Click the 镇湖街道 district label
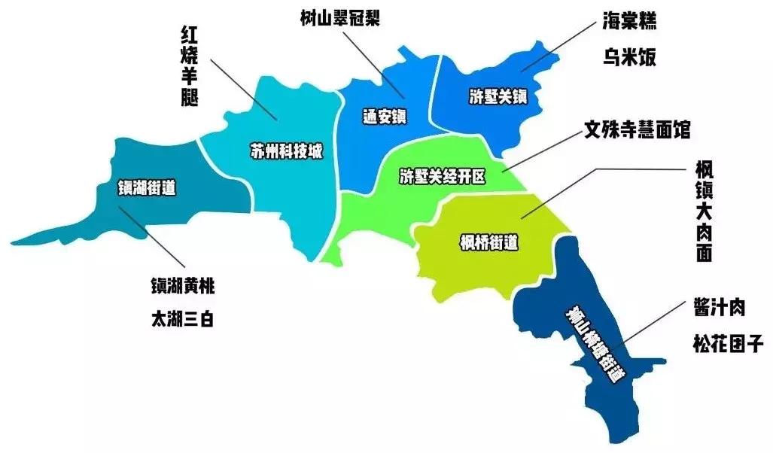tap(147, 187)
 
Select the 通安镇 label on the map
tap(384, 117)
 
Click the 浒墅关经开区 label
tap(443, 178)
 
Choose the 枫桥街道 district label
tap(489, 242)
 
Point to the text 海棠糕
tap(629, 20)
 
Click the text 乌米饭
tap(629, 56)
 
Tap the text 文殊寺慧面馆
tap(637, 130)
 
